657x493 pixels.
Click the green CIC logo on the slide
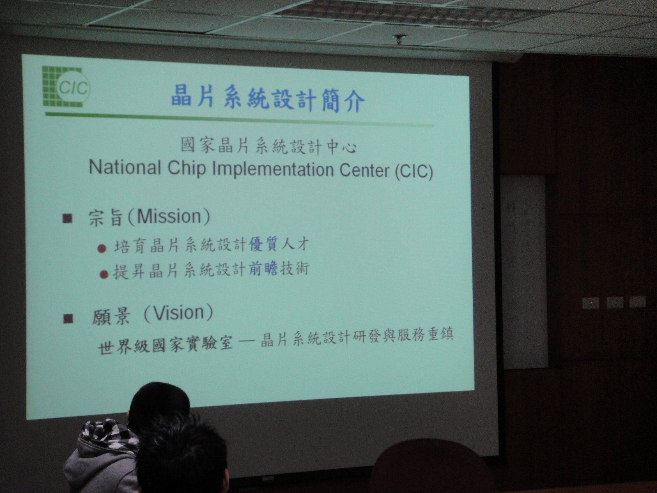pos(66,87)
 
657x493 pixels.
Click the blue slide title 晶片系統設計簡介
pos(268,99)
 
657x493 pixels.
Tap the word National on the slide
pos(125,167)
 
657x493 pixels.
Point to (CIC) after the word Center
pos(414,172)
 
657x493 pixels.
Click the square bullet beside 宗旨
pos(67,218)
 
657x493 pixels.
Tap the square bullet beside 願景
pos(68,318)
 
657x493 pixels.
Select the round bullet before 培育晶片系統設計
pos(102,249)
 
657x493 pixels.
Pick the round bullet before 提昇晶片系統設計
pos(103,274)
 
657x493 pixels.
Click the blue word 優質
pos(263,244)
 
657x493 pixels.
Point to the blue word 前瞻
pos(263,268)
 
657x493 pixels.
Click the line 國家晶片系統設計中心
pos(269,146)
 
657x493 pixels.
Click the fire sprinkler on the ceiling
pos(399,39)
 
